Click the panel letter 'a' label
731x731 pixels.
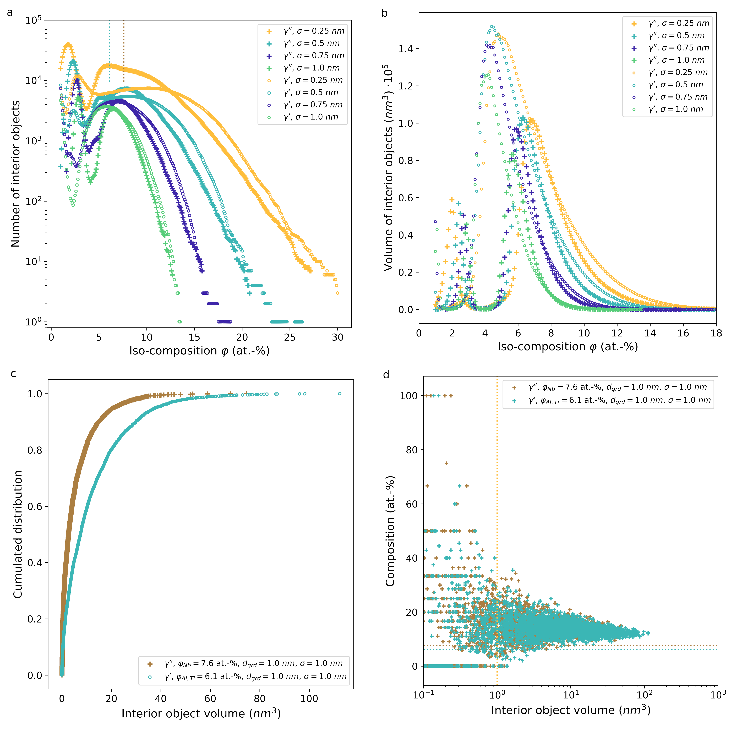point(10,13)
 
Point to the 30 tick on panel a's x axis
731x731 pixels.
point(337,337)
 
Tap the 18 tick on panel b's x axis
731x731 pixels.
point(716,333)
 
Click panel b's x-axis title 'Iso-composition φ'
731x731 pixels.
point(568,347)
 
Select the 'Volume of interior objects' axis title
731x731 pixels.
point(389,168)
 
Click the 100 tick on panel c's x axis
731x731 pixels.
point(309,699)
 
